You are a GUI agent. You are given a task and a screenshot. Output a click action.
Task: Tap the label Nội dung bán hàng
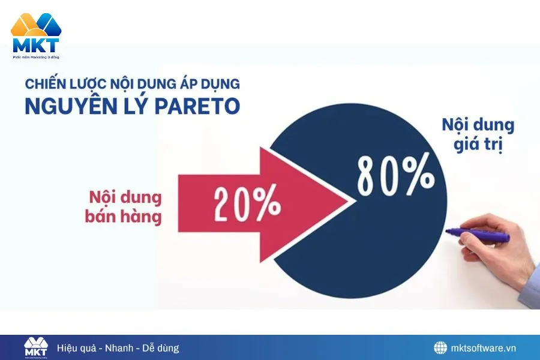[125, 207]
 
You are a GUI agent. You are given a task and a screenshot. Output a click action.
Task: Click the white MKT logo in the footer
[35, 347]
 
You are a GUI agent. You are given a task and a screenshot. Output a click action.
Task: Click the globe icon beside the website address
[441, 348]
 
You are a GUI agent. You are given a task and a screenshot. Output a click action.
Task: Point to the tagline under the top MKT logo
[36, 57]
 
